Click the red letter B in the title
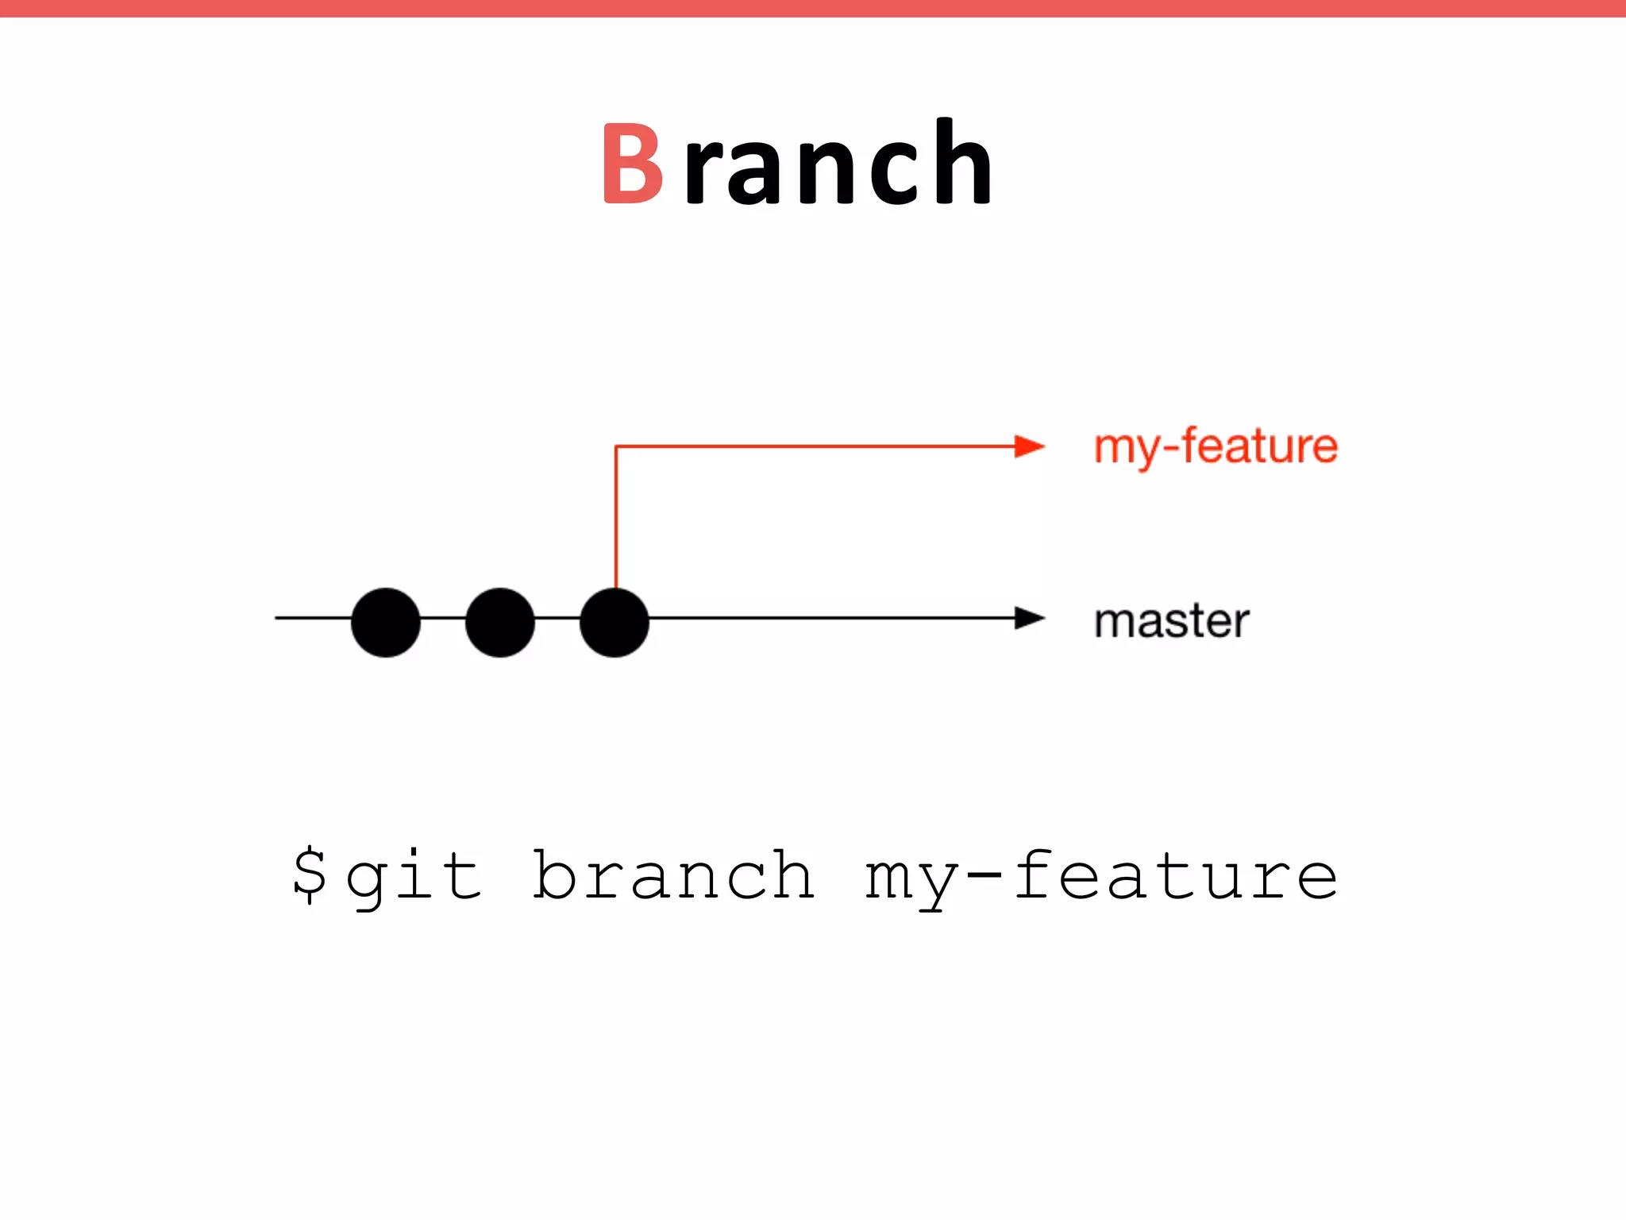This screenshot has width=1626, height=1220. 632,164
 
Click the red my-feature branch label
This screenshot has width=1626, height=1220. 1216,446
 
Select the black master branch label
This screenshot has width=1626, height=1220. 1171,621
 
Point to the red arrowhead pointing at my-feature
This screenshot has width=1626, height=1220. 1029,446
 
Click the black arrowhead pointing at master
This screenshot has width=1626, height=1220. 1029,618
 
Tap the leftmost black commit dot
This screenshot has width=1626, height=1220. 386,622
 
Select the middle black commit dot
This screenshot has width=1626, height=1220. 500,622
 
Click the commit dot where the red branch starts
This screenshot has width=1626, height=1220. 615,622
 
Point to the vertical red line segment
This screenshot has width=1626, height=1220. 616,516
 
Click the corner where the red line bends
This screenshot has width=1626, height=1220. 617,447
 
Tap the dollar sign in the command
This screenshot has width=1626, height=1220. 310,874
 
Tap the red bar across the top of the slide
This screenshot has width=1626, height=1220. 813,8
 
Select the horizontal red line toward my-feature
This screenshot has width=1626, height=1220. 818,447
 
